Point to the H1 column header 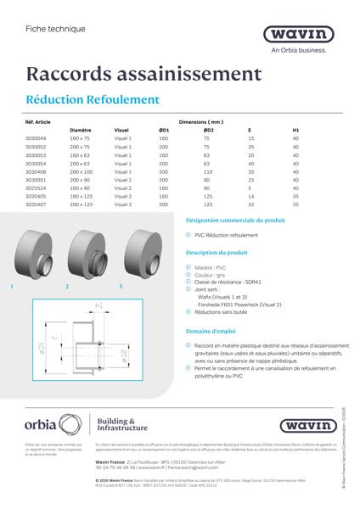pos(295,130)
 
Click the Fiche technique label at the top pos(50,28)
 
